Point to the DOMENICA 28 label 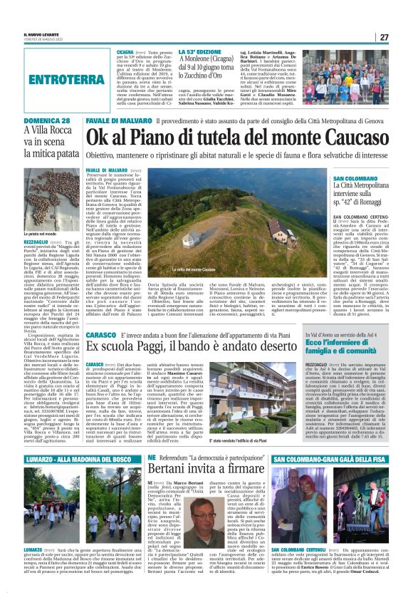pyautogui.click(x=46, y=122)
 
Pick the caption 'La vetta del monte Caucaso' pyautogui.click(x=229, y=269)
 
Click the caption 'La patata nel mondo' pyautogui.click(x=40, y=232)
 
